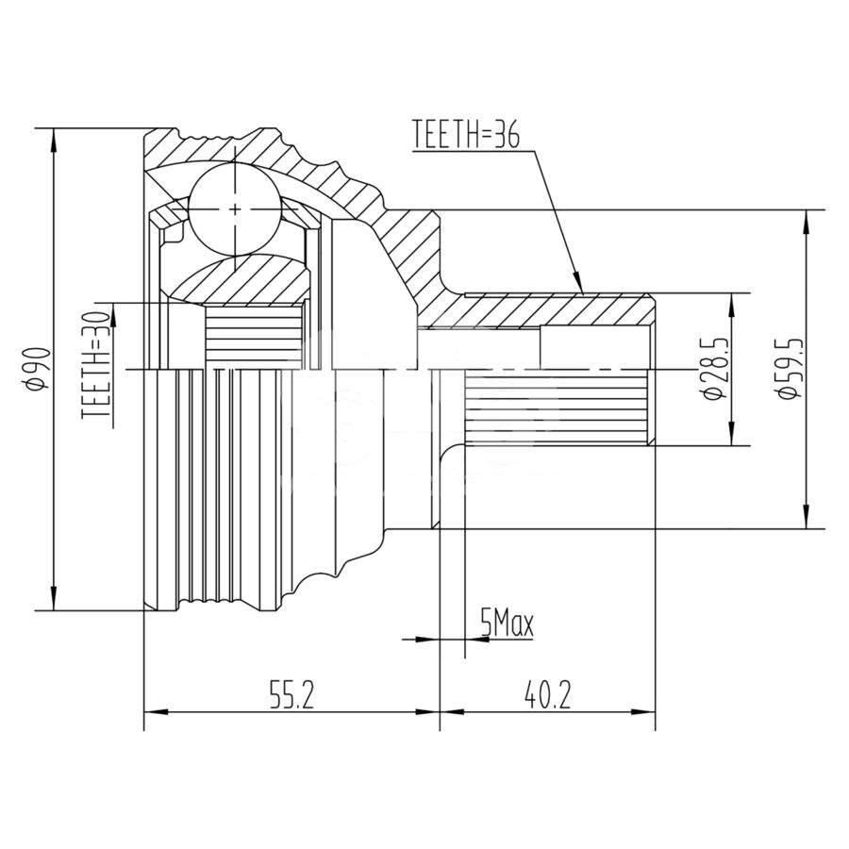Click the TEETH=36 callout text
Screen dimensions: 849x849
pos(466,134)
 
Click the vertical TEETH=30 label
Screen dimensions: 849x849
pos(96,364)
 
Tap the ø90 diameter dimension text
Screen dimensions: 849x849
pos(39,369)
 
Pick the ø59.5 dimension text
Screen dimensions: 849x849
pos(787,369)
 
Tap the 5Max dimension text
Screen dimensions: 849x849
pos(507,624)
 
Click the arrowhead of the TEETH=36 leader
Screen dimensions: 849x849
pos(577,283)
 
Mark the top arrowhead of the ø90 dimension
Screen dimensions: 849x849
pos(53,141)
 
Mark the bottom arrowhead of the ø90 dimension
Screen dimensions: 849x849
pos(53,598)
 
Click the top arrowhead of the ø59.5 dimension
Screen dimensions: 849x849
pos(807,221)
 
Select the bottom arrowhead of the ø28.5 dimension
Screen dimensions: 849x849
pos(732,434)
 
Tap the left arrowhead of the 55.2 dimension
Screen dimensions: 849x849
pos(156,711)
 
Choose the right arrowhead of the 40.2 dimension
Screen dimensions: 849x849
pos(643,711)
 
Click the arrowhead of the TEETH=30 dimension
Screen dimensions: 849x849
pos(115,315)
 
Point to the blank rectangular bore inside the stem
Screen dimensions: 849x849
pos(594,348)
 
